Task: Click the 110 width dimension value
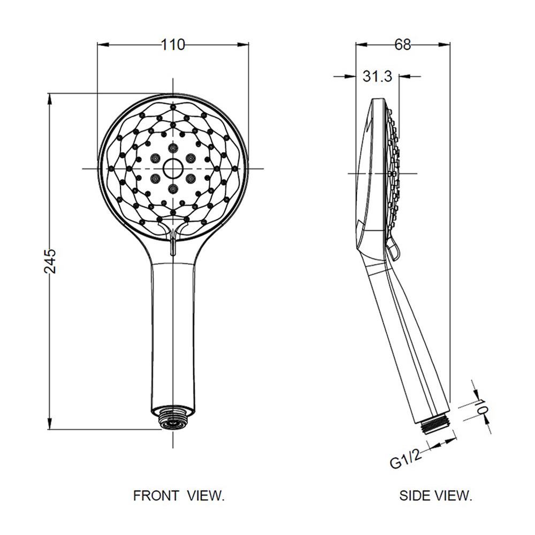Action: tap(173, 45)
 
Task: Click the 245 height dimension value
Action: tap(50, 261)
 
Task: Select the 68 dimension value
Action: tap(403, 45)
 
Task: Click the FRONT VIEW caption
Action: tap(179, 495)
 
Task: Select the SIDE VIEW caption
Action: tap(435, 495)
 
